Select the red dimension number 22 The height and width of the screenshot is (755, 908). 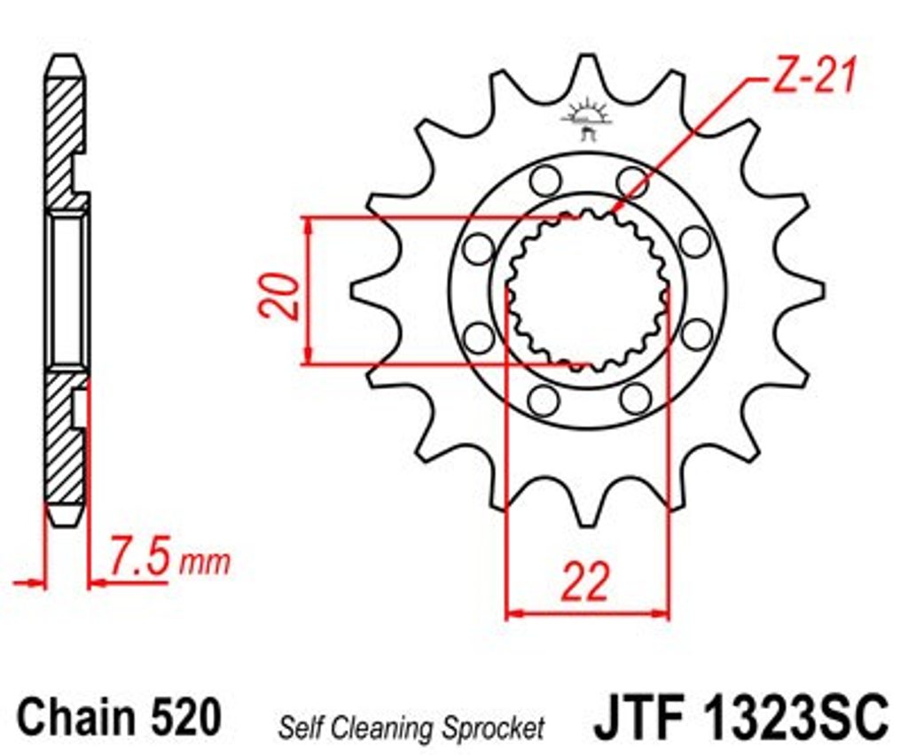click(x=585, y=580)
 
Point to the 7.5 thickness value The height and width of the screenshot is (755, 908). click(x=140, y=557)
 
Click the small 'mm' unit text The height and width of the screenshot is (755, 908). click(x=205, y=563)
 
